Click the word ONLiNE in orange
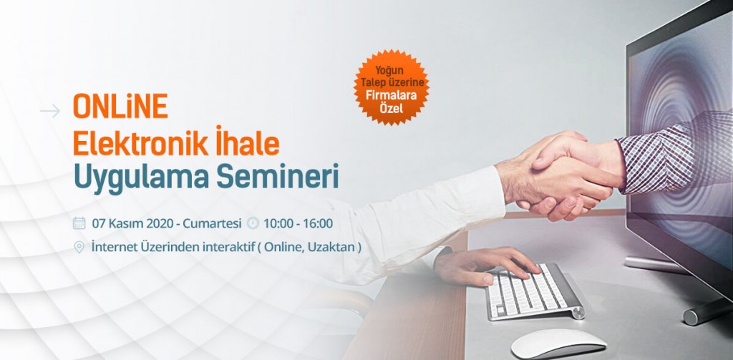[x=120, y=107]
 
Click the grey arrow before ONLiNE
[x=50, y=111]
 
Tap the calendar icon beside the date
[x=79, y=223]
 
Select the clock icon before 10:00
[x=253, y=223]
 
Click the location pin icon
[x=79, y=247]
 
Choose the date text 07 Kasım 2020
[x=133, y=223]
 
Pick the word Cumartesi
[x=212, y=223]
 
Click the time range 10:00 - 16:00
[x=298, y=223]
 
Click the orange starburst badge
[x=392, y=87]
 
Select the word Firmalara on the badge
[x=392, y=98]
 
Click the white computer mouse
[x=558, y=344]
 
